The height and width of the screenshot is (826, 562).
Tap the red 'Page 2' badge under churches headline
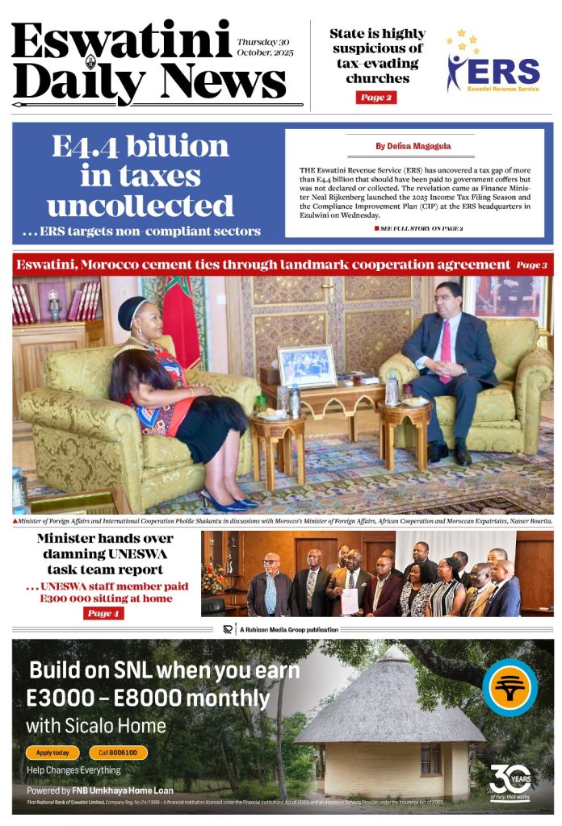pyautogui.click(x=375, y=98)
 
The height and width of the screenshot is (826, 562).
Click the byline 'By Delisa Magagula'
pyautogui.click(x=413, y=147)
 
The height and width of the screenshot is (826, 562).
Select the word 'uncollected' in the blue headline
pyautogui.click(x=140, y=206)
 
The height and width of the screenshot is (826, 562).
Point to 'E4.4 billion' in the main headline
pyautogui.click(x=140, y=147)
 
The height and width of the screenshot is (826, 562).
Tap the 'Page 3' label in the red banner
pyautogui.click(x=532, y=265)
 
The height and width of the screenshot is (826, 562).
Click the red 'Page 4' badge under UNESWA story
pyautogui.click(x=103, y=614)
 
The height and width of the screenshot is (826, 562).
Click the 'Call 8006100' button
pyautogui.click(x=119, y=753)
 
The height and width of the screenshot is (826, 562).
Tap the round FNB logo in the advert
pyautogui.click(x=510, y=687)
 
